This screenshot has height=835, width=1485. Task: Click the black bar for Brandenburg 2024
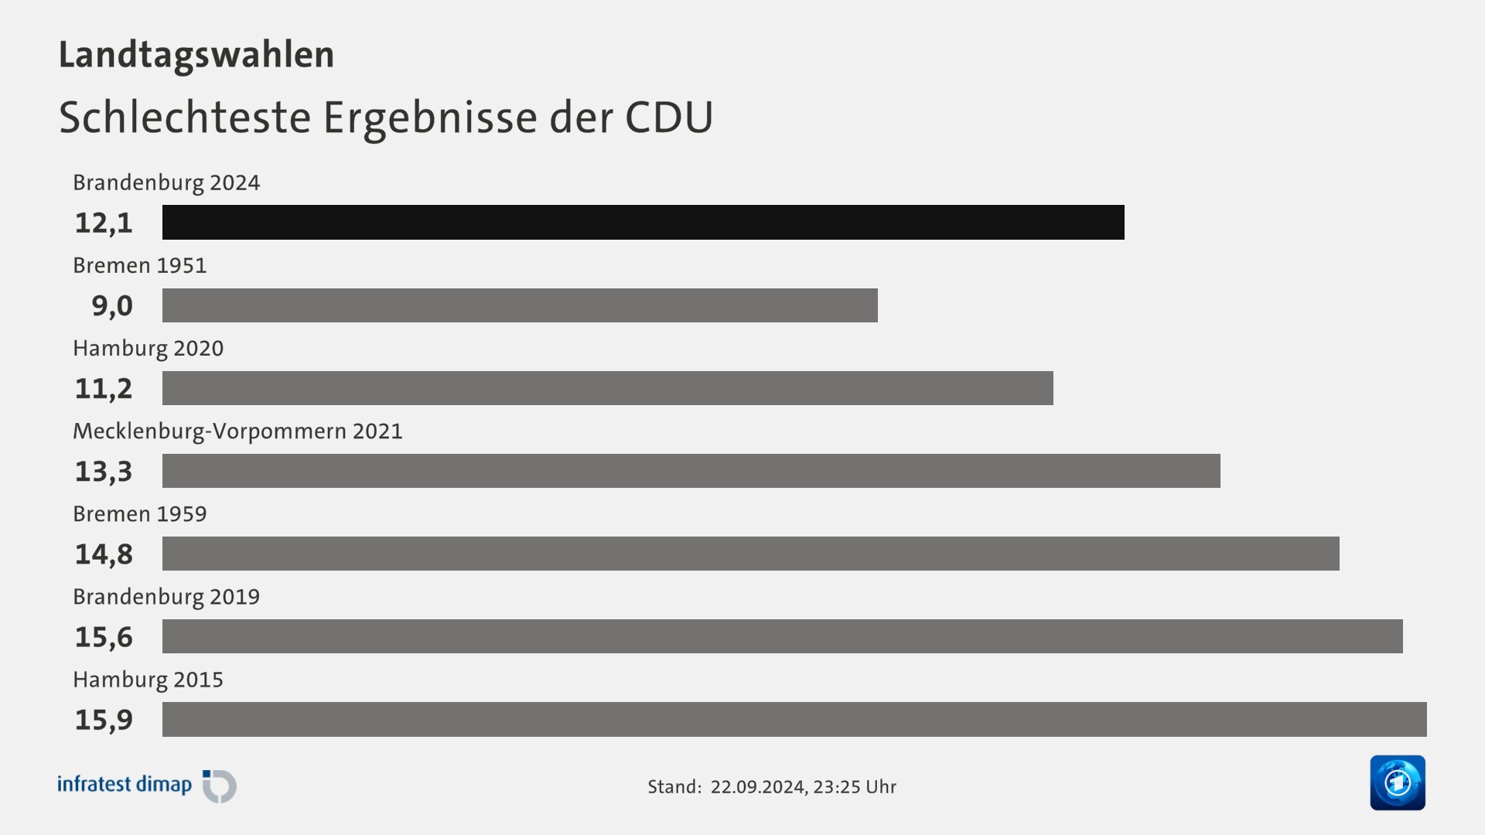pyautogui.click(x=643, y=223)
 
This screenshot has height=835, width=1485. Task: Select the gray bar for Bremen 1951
pyautogui.click(x=520, y=305)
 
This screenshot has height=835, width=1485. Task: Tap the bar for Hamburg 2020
pyautogui.click(x=607, y=388)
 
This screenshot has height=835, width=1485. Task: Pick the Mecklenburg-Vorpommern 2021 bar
pyautogui.click(x=691, y=471)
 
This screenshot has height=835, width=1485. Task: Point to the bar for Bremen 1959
pyautogui.click(x=750, y=554)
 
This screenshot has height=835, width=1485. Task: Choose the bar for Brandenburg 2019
pyautogui.click(x=782, y=636)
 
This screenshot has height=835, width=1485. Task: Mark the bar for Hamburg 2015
pyautogui.click(x=794, y=719)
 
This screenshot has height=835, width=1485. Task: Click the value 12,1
pyautogui.click(x=104, y=223)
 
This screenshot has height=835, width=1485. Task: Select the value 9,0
pyautogui.click(x=112, y=306)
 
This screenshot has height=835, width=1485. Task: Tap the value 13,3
pyautogui.click(x=104, y=472)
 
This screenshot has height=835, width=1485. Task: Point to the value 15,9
pyautogui.click(x=104, y=720)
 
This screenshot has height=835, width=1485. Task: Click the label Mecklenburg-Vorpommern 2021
pyautogui.click(x=237, y=431)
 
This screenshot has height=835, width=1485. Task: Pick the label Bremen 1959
pyautogui.click(x=140, y=513)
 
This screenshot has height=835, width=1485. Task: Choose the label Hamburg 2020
pyautogui.click(x=148, y=348)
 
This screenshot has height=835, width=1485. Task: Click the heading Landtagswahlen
pyautogui.click(x=196, y=55)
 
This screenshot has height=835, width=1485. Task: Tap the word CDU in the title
pyautogui.click(x=668, y=118)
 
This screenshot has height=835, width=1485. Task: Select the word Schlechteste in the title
pyautogui.click(x=185, y=118)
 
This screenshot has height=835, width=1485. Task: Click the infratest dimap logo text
pyautogui.click(x=125, y=784)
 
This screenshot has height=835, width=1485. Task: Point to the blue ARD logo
pyautogui.click(x=1397, y=782)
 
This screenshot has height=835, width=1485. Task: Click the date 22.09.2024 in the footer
pyautogui.click(x=758, y=786)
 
